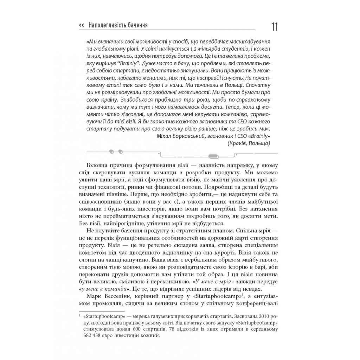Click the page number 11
pos(274,27)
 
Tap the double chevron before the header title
pos(82,25)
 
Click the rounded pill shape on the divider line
pos(213,156)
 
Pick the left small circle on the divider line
pos(112,152)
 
